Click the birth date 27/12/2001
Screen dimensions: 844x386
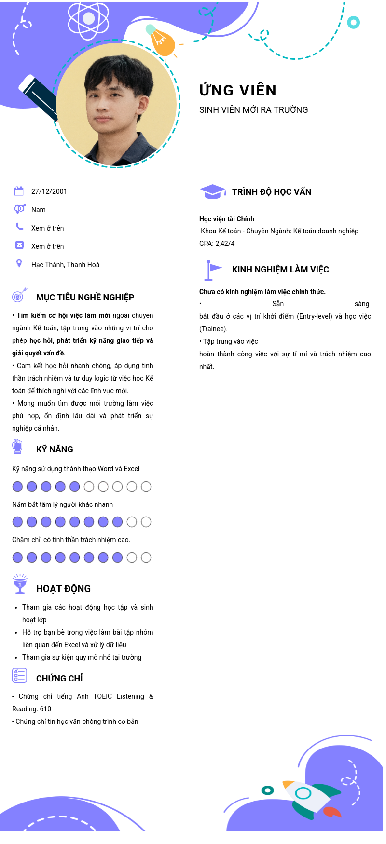(49, 191)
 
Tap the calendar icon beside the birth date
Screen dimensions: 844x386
(19, 191)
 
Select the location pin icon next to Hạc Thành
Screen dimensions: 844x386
(19, 263)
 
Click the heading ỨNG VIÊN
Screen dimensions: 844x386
(238, 90)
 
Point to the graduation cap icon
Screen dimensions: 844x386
(212, 191)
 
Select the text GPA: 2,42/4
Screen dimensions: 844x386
(217, 244)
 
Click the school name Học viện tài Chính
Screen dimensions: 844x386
(227, 219)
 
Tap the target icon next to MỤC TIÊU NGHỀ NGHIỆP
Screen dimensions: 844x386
(19, 295)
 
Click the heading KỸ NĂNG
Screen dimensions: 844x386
(55, 449)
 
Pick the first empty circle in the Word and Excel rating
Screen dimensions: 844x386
(89, 487)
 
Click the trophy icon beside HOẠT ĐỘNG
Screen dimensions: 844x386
(20, 584)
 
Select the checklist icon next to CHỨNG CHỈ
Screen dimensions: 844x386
(20, 676)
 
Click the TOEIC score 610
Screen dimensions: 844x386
(45, 709)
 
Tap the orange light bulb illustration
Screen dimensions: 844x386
(162, 42)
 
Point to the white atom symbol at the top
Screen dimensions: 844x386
(89, 19)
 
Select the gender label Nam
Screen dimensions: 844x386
(39, 210)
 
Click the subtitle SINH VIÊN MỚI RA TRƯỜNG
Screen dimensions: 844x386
(253, 110)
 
